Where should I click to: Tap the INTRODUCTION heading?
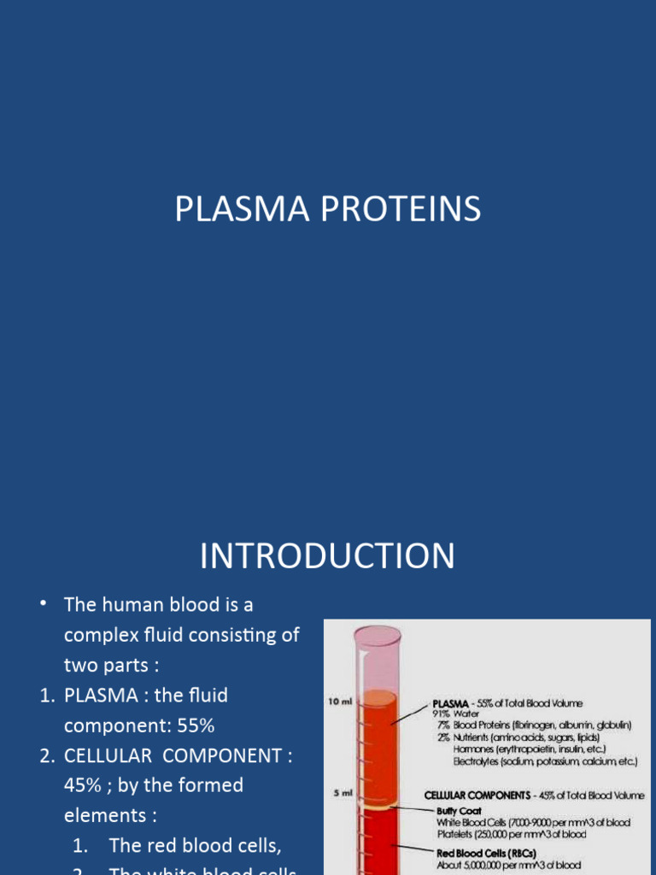point(327,556)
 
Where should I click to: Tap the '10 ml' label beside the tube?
point(339,702)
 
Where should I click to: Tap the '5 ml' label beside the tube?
point(343,793)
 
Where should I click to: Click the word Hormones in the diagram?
point(475,749)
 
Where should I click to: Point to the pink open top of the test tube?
point(377,636)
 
